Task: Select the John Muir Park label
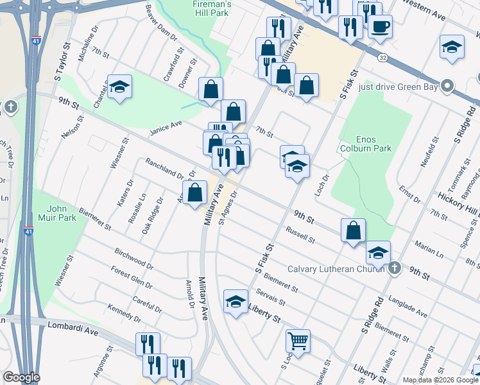pyautogui.click(x=62, y=213)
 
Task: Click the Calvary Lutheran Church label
pyautogui.click(x=336, y=269)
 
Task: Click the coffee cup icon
pyautogui.click(x=380, y=27)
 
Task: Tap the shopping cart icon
pyautogui.click(x=297, y=340)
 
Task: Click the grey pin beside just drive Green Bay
pyautogui.click(x=448, y=86)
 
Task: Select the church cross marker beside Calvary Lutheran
pyautogui.click(x=394, y=268)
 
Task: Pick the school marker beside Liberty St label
pyautogui.click(x=236, y=300)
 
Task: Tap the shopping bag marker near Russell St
pyautogui.click(x=353, y=230)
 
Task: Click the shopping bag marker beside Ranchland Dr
pyautogui.click(x=194, y=191)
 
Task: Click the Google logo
pyautogui.click(x=21, y=377)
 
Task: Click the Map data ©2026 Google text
pyautogui.click(x=440, y=380)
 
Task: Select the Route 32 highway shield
pyautogui.click(x=382, y=57)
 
